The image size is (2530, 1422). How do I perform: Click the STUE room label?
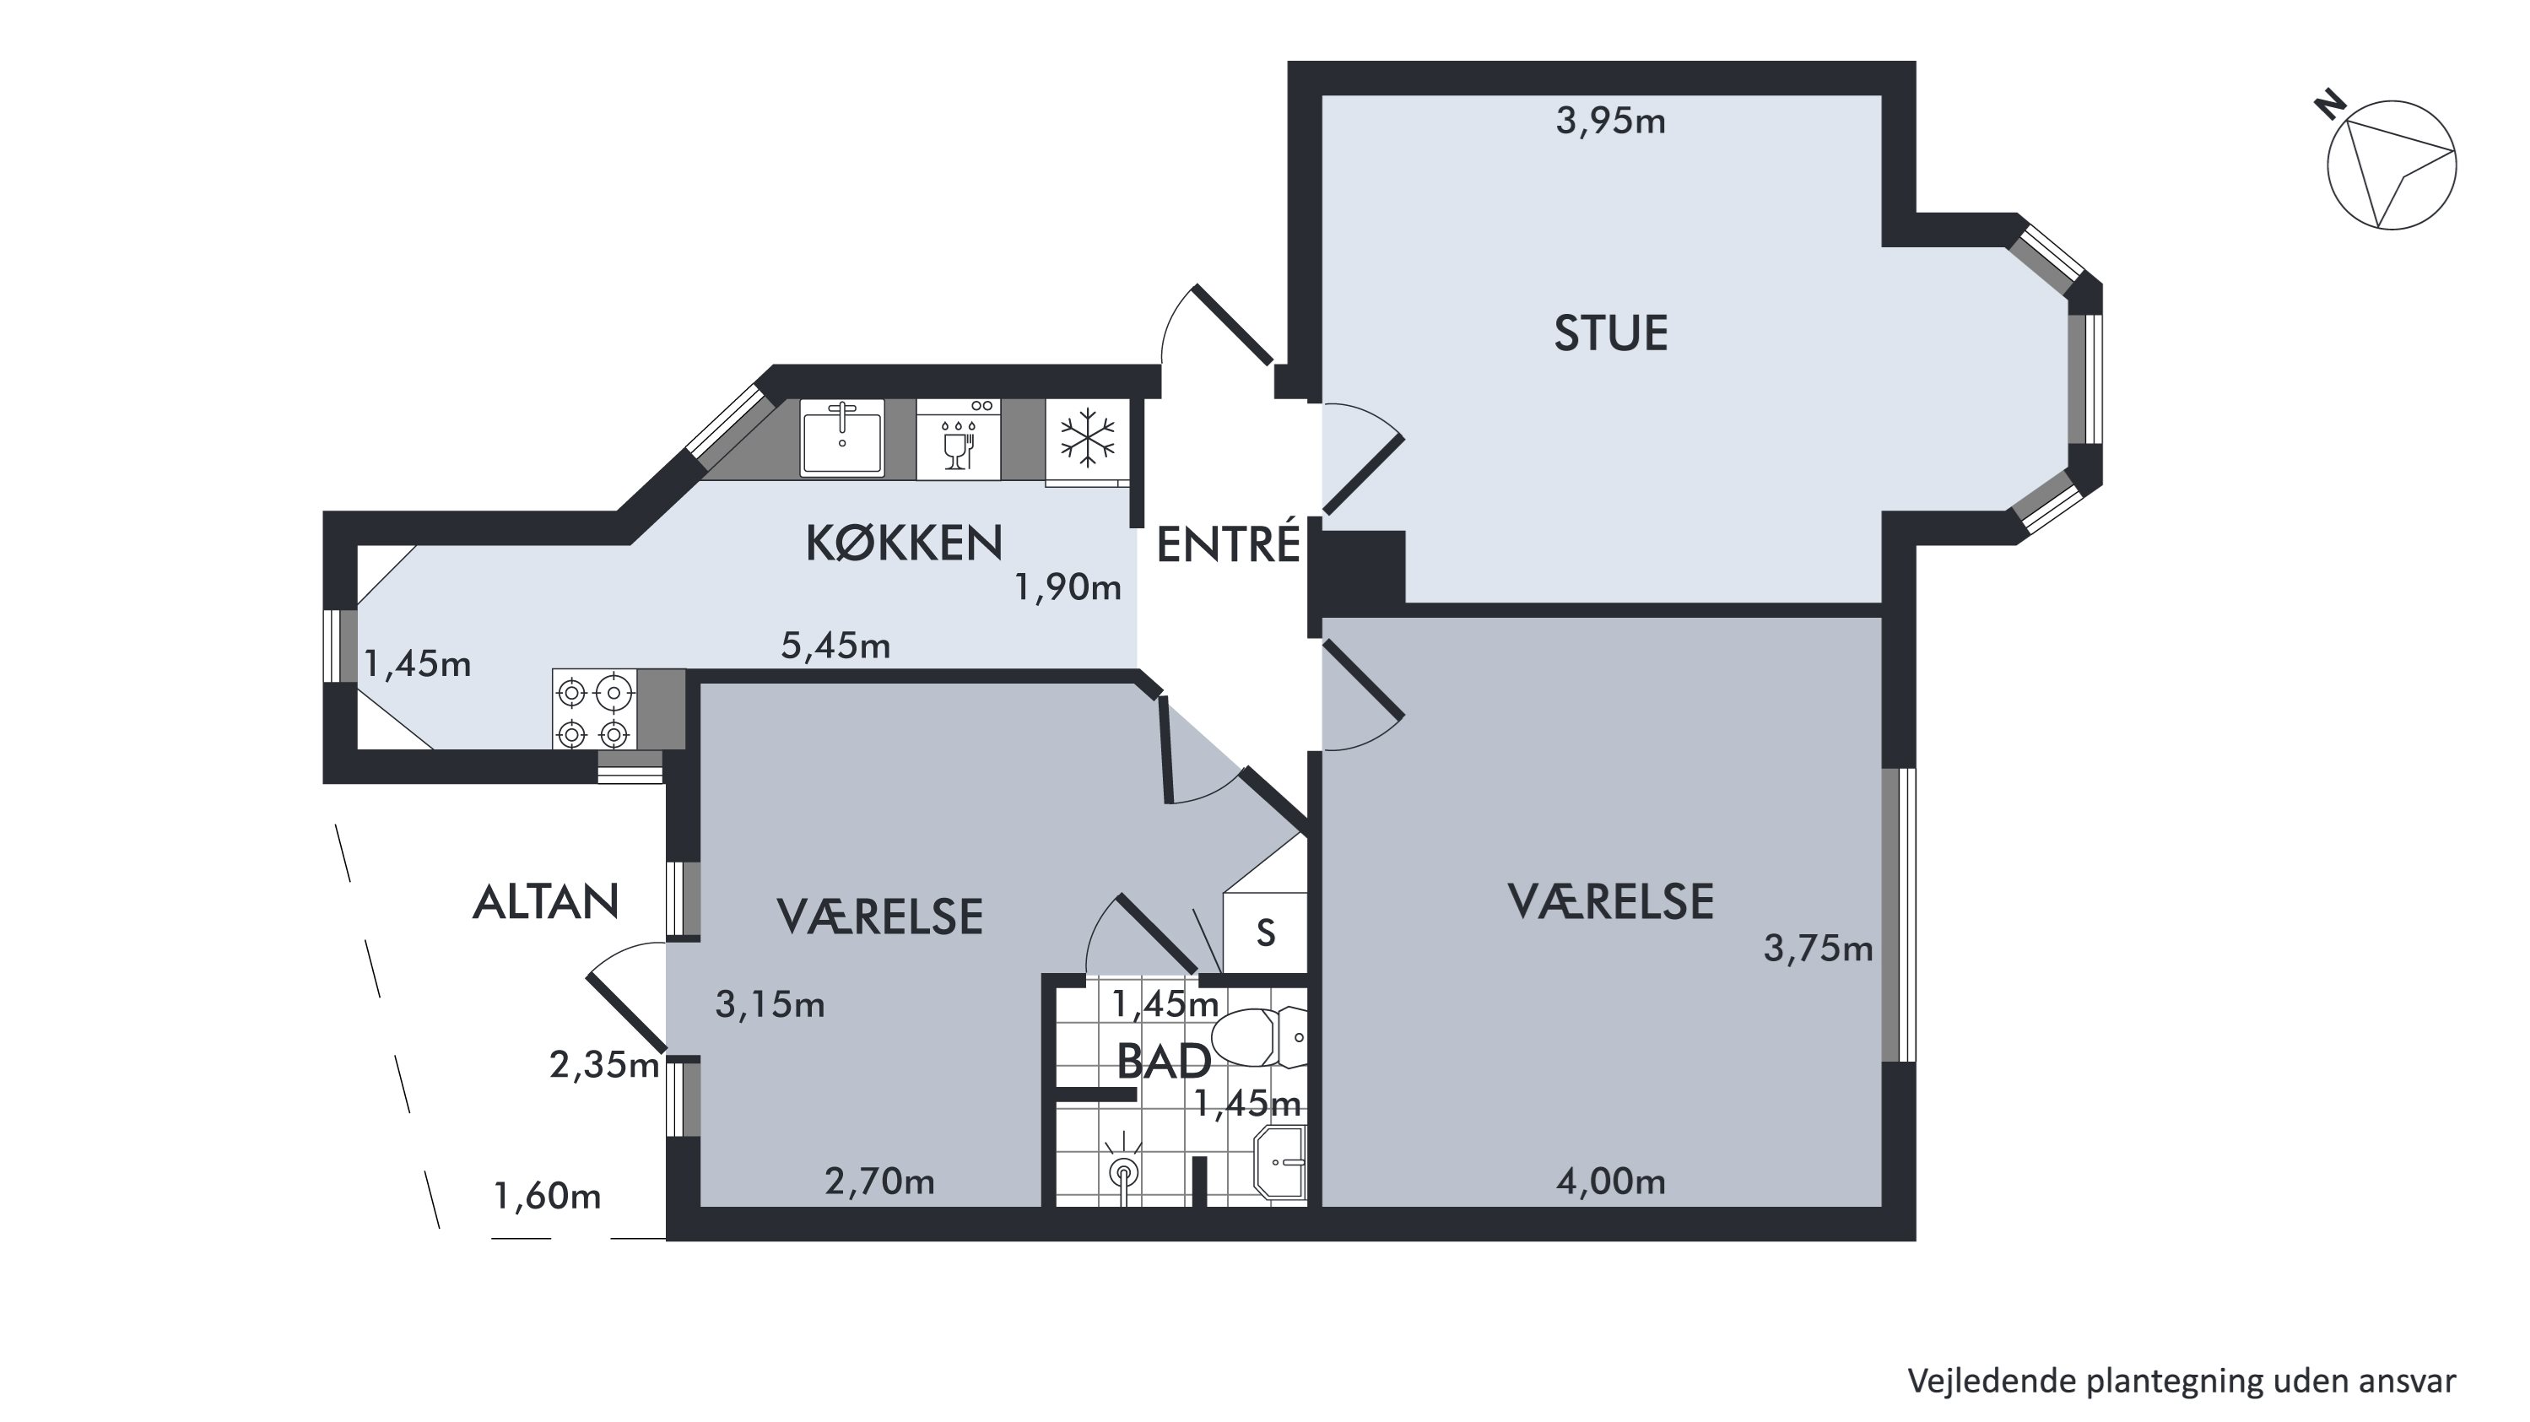1611,334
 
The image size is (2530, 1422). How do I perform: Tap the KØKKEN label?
905,543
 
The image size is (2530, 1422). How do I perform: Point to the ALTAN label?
546,901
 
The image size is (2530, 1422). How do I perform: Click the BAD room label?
1164,1062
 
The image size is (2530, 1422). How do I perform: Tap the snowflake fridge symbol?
1087,440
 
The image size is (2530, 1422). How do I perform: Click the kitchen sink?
843,439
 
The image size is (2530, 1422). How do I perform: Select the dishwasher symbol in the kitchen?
959,439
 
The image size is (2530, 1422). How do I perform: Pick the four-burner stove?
594,709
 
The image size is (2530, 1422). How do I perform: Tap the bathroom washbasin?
1282,1164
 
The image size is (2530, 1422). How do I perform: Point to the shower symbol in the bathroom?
1122,1169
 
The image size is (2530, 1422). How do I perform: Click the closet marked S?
1266,932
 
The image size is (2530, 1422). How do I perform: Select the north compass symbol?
2391,165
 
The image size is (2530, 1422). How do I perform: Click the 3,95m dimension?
1611,122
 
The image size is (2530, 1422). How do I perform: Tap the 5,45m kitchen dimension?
835,646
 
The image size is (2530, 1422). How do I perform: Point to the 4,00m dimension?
1611,1181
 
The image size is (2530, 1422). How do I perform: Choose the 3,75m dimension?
1818,949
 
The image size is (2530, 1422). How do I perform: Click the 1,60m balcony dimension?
547,1196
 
